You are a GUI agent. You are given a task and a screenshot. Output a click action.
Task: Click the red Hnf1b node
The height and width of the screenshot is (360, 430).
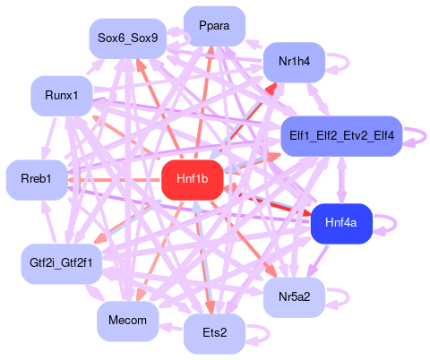[193, 180]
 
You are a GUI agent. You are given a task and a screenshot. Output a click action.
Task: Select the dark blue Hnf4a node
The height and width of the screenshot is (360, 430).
[341, 224]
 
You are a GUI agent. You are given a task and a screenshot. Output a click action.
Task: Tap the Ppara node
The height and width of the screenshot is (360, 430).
[214, 26]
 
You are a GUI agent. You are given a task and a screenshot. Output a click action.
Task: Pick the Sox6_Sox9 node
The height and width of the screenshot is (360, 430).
[128, 39]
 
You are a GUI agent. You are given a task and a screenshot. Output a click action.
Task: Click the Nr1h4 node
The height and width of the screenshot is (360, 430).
[294, 62]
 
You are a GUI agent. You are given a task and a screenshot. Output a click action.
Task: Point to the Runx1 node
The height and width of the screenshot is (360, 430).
[62, 96]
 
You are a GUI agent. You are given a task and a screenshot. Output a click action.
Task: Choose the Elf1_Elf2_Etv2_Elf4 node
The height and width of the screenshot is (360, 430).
[341, 136]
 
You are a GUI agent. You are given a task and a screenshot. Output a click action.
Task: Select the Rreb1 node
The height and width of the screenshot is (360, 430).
[37, 180]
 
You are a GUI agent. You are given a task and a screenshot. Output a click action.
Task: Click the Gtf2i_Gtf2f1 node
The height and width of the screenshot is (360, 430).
[62, 264]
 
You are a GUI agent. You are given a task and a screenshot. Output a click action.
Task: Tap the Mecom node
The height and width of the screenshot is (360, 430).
[128, 321]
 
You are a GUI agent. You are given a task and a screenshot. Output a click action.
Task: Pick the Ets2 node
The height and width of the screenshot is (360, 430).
[214, 333]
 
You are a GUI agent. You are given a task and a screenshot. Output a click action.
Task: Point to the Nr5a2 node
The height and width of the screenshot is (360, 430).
[294, 297]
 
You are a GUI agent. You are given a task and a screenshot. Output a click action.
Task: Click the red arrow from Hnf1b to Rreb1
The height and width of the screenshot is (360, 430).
[115, 180]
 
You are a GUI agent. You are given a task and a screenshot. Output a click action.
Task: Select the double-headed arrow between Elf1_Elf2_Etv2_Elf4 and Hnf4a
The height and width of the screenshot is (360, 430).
[341, 180]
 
